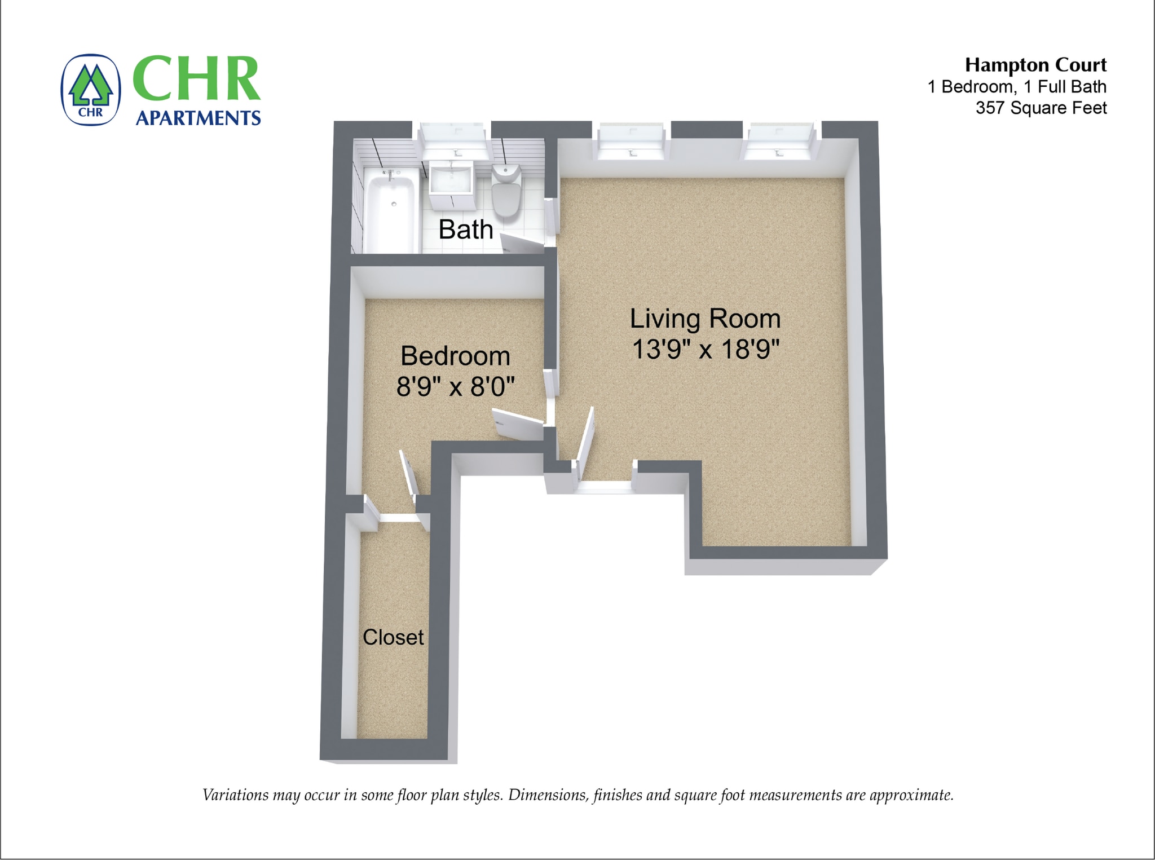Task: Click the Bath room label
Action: coord(466,230)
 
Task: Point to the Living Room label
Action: coord(705,319)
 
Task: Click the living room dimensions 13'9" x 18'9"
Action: coord(706,349)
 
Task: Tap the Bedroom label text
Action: coord(455,356)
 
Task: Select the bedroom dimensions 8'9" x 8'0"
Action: coord(456,387)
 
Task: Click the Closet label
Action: coord(393,637)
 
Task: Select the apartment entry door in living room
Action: coord(585,443)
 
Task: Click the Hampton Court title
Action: coord(1035,65)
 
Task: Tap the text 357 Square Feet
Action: coord(1041,108)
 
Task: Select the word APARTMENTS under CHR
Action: coord(198,118)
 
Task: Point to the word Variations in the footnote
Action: coord(235,795)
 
